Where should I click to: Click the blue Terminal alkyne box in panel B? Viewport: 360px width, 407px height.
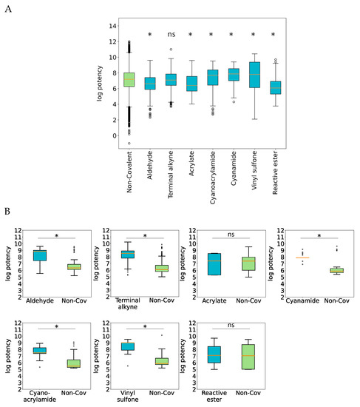127,254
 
